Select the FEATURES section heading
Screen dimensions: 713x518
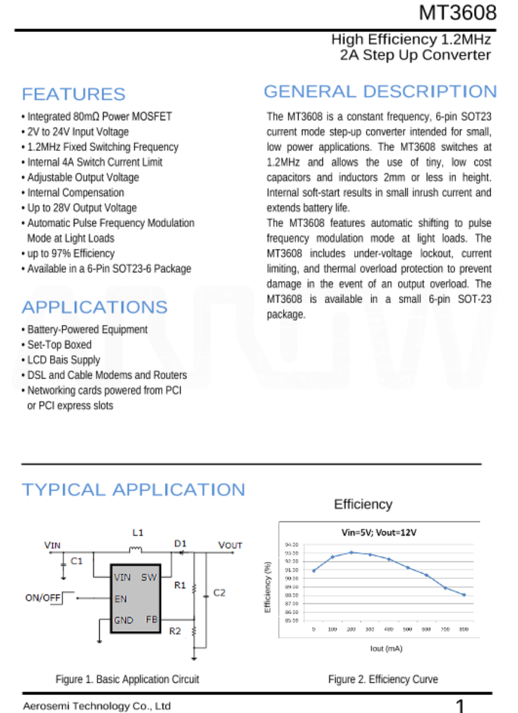tap(73, 94)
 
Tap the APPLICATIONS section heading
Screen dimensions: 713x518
tap(94, 307)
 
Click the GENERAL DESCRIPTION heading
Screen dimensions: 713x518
tap(380, 92)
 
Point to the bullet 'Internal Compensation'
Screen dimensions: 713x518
tap(75, 193)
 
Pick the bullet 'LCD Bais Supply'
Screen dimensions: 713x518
tap(64, 360)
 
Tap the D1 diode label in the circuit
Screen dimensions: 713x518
tap(180, 543)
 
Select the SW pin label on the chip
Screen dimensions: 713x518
tap(149, 577)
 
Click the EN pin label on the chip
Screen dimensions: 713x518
tap(120, 599)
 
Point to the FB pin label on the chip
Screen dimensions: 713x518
tap(152, 620)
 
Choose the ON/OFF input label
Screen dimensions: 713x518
tap(43, 598)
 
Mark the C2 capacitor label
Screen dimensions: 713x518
tap(219, 593)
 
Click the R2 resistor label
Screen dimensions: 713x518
tap(175, 631)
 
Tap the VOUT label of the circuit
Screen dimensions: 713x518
tap(230, 546)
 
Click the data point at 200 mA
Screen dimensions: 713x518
tap(351, 552)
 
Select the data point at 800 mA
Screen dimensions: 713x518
tap(464, 595)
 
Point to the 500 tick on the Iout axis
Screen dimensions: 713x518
tap(407, 629)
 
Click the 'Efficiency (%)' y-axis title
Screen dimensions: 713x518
tap(268, 587)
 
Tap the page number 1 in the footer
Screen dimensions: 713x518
tap(459, 706)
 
